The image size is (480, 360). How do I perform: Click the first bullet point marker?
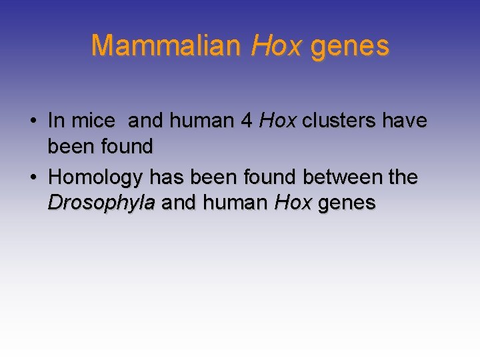[33, 121]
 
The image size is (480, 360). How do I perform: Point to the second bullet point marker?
[33, 178]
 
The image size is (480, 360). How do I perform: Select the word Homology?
[96, 178]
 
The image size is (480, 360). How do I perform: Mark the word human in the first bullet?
[202, 121]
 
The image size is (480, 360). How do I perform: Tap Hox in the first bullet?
[278, 121]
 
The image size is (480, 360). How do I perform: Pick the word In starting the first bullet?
[56, 121]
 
